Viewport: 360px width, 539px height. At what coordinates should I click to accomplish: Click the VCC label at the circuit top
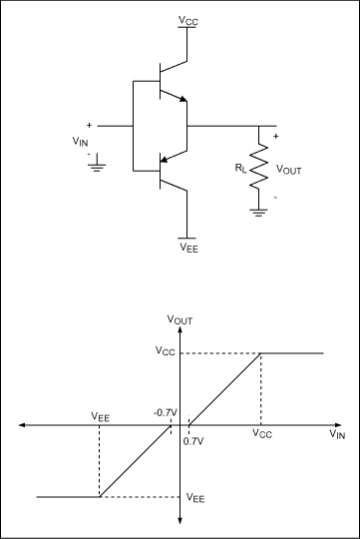(x=186, y=19)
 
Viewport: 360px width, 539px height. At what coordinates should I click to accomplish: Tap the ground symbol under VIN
(x=96, y=167)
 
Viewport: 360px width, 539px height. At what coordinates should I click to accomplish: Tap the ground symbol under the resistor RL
(x=260, y=210)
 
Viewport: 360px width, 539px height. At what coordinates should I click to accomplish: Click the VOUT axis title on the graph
(x=180, y=320)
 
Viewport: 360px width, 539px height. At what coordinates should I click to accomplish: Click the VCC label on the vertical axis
(x=164, y=351)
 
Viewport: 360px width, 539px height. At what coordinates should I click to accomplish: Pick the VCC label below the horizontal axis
(x=260, y=436)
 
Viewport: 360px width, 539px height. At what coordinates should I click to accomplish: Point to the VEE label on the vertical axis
(x=195, y=497)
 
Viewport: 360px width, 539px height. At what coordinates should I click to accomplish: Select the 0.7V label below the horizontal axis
(x=193, y=439)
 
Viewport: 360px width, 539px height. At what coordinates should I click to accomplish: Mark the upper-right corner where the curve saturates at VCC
(x=260, y=352)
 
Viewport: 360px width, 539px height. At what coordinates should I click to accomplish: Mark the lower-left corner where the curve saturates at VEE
(x=99, y=496)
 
